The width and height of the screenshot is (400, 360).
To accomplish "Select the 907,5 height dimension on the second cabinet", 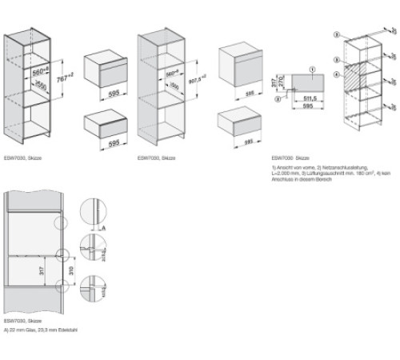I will [191, 81].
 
